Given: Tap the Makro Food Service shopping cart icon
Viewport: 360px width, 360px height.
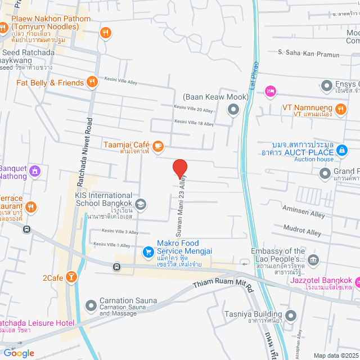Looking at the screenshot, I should pos(148,252).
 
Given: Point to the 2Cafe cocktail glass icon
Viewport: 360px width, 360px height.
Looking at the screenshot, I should pos(72,276).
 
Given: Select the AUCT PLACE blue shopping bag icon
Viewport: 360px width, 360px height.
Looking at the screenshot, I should pos(341,150).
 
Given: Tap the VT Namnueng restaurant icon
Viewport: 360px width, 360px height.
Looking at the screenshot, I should pos(340,108).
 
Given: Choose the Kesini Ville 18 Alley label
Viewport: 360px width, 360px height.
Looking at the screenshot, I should pos(193,123).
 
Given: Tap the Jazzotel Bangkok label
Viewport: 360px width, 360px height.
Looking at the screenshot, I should pos(321,280).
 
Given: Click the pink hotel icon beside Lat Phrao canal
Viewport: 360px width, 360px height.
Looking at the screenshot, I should pos(271,91).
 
